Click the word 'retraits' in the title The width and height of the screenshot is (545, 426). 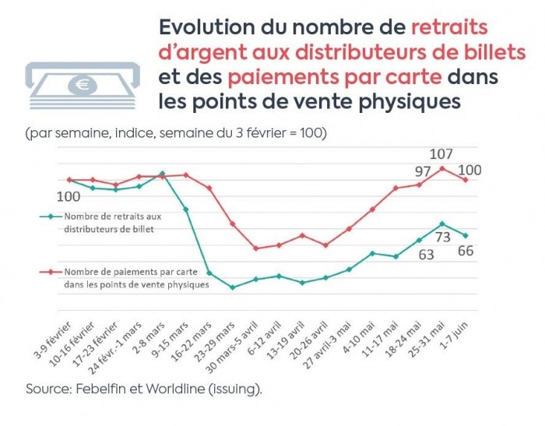pyautogui.click(x=450, y=27)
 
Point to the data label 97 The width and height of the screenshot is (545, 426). pyautogui.click(x=422, y=171)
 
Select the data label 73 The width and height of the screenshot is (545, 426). pyautogui.click(x=442, y=238)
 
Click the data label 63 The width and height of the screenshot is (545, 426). pyautogui.click(x=427, y=253)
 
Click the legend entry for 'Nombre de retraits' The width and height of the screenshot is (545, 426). pyautogui.click(x=108, y=222)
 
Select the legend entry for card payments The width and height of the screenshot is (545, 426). pyautogui.click(x=124, y=277)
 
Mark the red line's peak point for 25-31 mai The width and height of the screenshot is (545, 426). pyautogui.click(x=442, y=168)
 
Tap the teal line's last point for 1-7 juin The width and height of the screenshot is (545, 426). pyautogui.click(x=466, y=235)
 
